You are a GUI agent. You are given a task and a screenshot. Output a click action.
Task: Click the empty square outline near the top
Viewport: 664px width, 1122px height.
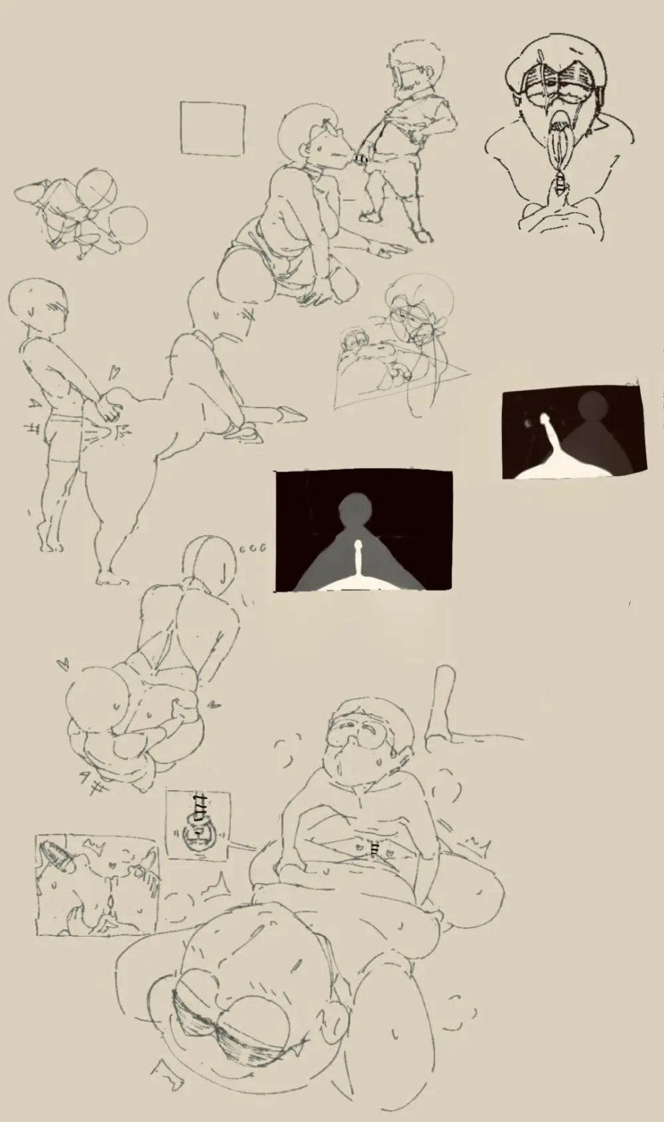click(212, 129)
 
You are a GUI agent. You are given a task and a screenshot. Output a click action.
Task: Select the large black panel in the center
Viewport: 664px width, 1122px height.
click(364, 531)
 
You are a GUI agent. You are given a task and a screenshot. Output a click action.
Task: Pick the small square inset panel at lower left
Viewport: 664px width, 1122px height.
click(197, 825)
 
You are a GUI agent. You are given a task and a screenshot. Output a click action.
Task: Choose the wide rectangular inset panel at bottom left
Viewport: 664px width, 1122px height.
click(98, 886)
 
